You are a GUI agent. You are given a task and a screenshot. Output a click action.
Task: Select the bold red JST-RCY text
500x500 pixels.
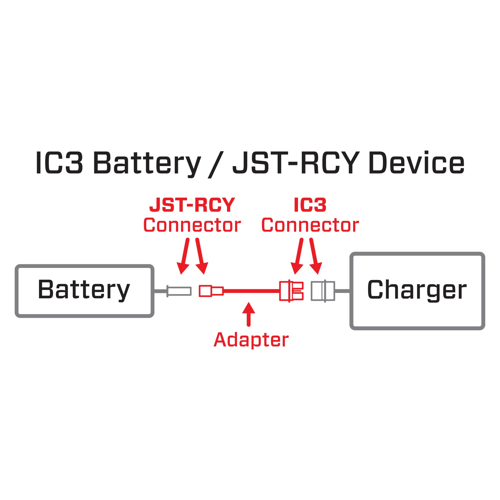click(x=192, y=205)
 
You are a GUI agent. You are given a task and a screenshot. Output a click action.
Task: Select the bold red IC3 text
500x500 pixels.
click(x=310, y=205)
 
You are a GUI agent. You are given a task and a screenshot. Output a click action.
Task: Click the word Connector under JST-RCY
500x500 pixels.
click(x=192, y=225)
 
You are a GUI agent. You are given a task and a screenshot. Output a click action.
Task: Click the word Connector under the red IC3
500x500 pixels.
click(x=310, y=225)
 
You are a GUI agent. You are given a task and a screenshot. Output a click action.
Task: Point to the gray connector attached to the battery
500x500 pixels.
click(x=179, y=291)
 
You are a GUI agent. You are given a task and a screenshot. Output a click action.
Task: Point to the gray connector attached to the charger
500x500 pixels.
click(x=323, y=291)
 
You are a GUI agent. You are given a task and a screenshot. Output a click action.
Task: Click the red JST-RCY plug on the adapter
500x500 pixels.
click(x=211, y=291)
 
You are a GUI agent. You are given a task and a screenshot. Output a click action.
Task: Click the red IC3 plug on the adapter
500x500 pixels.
click(x=291, y=291)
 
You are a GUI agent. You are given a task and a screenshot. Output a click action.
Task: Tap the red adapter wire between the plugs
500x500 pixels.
click(x=251, y=291)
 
